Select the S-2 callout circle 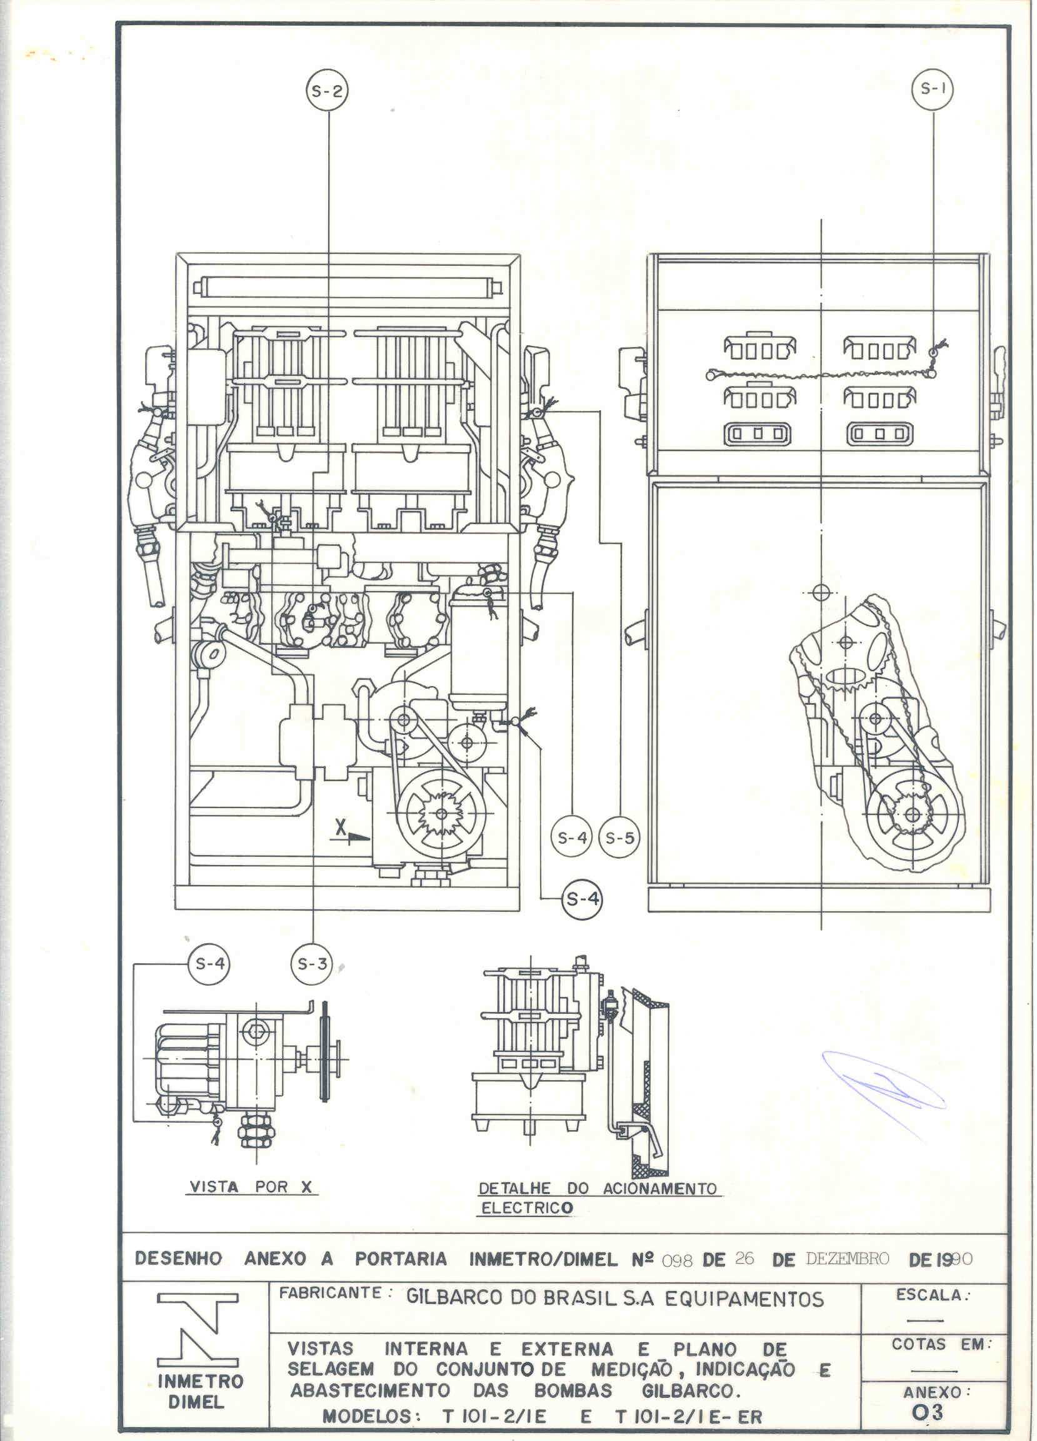coord(328,91)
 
